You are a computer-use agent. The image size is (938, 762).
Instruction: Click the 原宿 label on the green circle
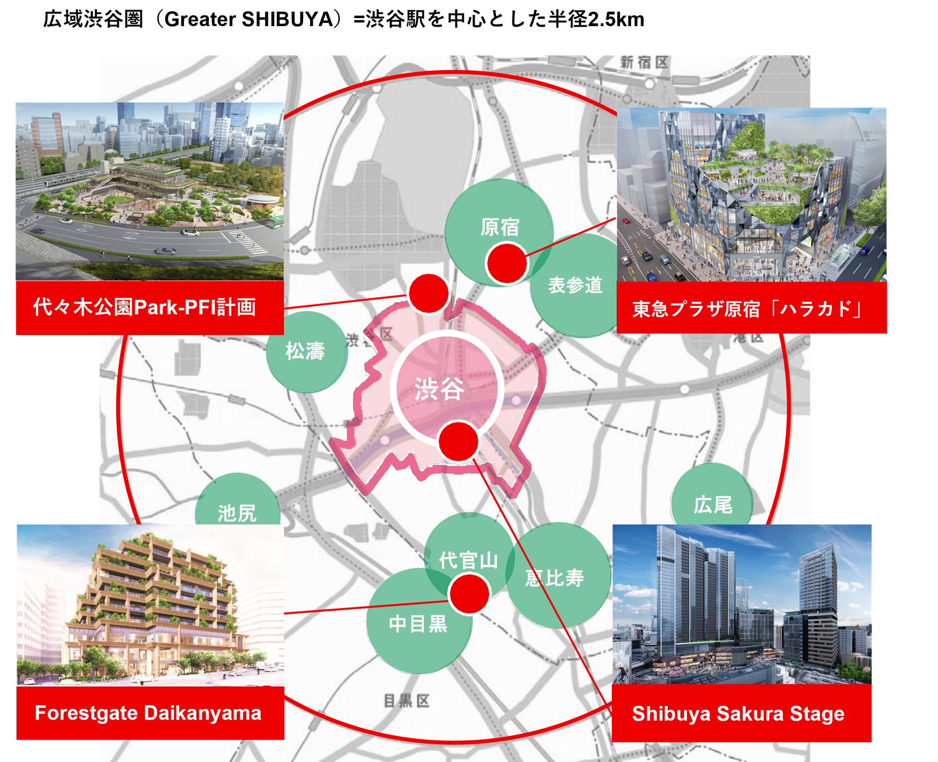tap(500, 228)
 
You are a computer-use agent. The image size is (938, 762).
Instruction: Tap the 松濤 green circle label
tap(305, 351)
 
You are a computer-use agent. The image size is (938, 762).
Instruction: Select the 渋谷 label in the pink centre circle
tap(439, 389)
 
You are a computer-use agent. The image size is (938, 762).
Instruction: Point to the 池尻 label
tap(237, 513)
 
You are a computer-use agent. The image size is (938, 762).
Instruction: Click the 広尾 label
tap(712, 505)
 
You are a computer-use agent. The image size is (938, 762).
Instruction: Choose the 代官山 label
tap(468, 560)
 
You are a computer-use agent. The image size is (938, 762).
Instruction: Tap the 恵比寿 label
tap(554, 578)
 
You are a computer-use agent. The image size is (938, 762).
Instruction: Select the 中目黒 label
tap(418, 624)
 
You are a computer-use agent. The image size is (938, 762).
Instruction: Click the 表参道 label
tap(576, 285)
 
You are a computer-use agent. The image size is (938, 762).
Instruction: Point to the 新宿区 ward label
tap(644, 63)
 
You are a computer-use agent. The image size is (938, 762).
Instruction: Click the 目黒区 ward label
tap(406, 701)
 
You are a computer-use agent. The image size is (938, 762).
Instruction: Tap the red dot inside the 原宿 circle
tap(507, 263)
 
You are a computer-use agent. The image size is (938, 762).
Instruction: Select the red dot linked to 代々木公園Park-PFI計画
tap(428, 294)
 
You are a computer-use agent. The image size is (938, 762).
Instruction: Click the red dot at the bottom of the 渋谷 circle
tap(458, 441)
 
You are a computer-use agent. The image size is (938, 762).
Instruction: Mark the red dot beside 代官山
tap(469, 593)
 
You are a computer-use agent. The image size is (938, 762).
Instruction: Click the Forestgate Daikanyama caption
tap(148, 713)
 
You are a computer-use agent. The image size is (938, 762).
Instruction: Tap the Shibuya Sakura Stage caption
tap(738, 714)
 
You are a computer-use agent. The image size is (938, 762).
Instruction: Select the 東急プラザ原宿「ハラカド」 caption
tap(746, 309)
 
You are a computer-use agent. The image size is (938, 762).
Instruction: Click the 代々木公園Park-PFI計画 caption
tap(145, 307)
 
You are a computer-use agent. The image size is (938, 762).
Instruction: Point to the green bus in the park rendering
tap(276, 219)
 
